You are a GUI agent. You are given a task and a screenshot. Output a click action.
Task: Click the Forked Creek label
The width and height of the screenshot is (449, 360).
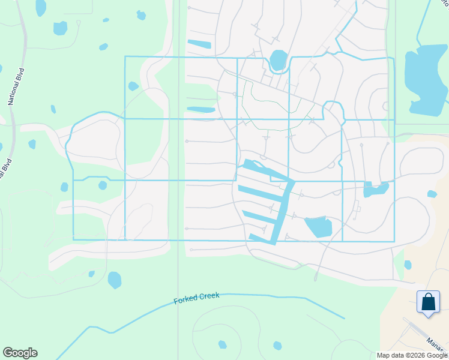[197, 298]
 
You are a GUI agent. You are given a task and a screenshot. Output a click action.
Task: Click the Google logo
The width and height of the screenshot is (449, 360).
[20, 353]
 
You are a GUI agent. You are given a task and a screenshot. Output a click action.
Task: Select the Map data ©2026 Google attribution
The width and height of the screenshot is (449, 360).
[412, 355]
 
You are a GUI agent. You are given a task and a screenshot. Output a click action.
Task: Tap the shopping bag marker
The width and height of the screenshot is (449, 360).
[428, 302]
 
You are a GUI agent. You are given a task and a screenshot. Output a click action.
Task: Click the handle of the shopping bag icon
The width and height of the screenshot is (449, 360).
[428, 296]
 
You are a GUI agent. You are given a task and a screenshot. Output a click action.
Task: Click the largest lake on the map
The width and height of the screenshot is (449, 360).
[425, 78]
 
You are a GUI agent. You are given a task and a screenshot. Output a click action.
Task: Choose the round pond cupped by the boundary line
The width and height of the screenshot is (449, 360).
[278, 60]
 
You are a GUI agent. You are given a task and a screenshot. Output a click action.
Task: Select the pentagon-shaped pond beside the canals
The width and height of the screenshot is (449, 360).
[318, 227]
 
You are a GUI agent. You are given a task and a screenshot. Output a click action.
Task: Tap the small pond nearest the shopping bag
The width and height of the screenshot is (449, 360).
[408, 265]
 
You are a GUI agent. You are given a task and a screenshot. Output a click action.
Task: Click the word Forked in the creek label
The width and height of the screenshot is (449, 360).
[186, 299]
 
